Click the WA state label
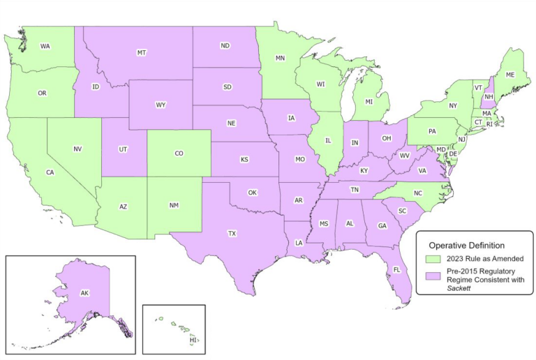45,47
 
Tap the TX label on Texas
232,234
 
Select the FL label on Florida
396,269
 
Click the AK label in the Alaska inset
84,294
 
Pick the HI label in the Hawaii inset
193,340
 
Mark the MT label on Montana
142,53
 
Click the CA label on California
50,172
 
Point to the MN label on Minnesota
281,59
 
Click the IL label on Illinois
328,140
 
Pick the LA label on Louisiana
299,243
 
